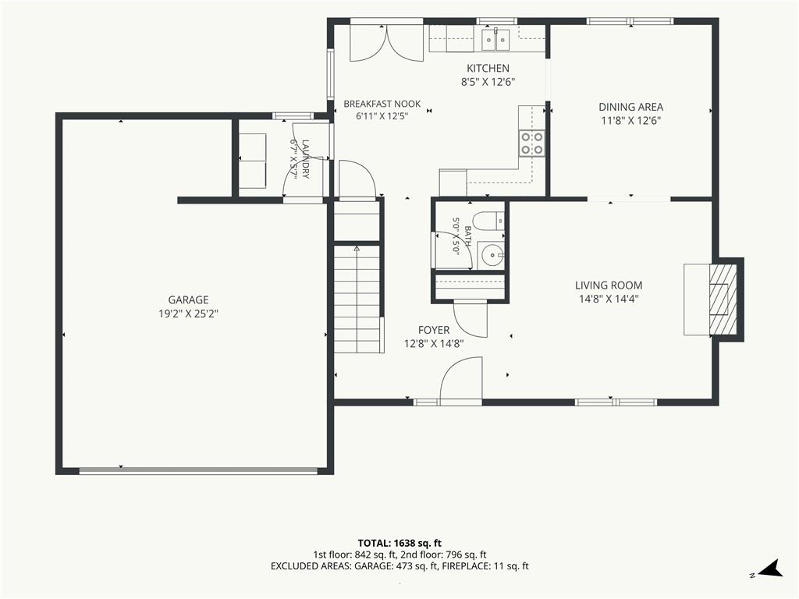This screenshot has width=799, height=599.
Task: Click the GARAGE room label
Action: (188, 299)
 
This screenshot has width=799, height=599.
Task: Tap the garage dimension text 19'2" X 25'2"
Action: (188, 314)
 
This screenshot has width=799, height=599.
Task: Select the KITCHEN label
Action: (488, 69)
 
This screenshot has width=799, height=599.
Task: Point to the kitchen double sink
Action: (495, 39)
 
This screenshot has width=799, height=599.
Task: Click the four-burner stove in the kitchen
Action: (531, 143)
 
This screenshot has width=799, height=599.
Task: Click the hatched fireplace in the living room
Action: (723, 299)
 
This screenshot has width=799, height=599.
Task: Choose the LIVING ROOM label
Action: (609, 285)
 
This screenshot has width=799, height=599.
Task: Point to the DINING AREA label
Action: (630, 107)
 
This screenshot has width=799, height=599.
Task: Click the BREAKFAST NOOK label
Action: (382, 104)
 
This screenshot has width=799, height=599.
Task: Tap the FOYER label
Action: (434, 330)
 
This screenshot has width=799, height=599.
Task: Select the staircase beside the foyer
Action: (357, 299)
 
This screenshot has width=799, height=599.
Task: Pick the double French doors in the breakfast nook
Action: (387, 43)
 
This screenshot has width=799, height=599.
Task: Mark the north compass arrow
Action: (770, 569)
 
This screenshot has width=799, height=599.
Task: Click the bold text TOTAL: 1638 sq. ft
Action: (399, 543)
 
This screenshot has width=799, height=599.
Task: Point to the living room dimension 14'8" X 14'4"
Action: (609, 299)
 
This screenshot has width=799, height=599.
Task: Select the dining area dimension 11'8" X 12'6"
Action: (630, 121)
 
